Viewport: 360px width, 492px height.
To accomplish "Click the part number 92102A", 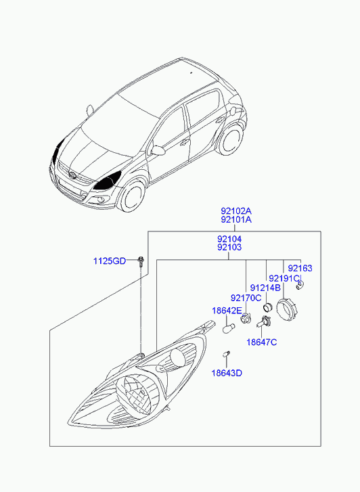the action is point(236,210).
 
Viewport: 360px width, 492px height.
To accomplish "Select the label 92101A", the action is point(236,220).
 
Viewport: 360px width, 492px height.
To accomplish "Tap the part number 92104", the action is point(229,240).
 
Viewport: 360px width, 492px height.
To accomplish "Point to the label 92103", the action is point(229,248).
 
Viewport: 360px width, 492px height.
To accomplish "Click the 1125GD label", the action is point(110,261).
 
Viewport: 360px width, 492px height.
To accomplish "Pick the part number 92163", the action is point(300,268).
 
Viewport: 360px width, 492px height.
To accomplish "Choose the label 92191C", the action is point(284,278).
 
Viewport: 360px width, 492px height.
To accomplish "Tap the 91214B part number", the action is point(265,288).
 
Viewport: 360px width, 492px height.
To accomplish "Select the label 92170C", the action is point(246,298).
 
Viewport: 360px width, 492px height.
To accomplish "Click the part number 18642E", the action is point(227,311).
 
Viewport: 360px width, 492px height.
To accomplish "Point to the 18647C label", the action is point(261,342).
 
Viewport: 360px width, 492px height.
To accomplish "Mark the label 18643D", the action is point(227,373).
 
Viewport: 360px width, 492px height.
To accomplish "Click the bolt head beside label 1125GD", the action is point(140,259).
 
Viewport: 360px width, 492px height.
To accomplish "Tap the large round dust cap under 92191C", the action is point(286,310).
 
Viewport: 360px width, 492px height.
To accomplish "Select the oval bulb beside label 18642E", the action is point(227,328).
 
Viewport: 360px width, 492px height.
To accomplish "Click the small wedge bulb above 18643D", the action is point(227,354).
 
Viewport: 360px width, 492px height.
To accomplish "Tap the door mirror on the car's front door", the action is point(158,150).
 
